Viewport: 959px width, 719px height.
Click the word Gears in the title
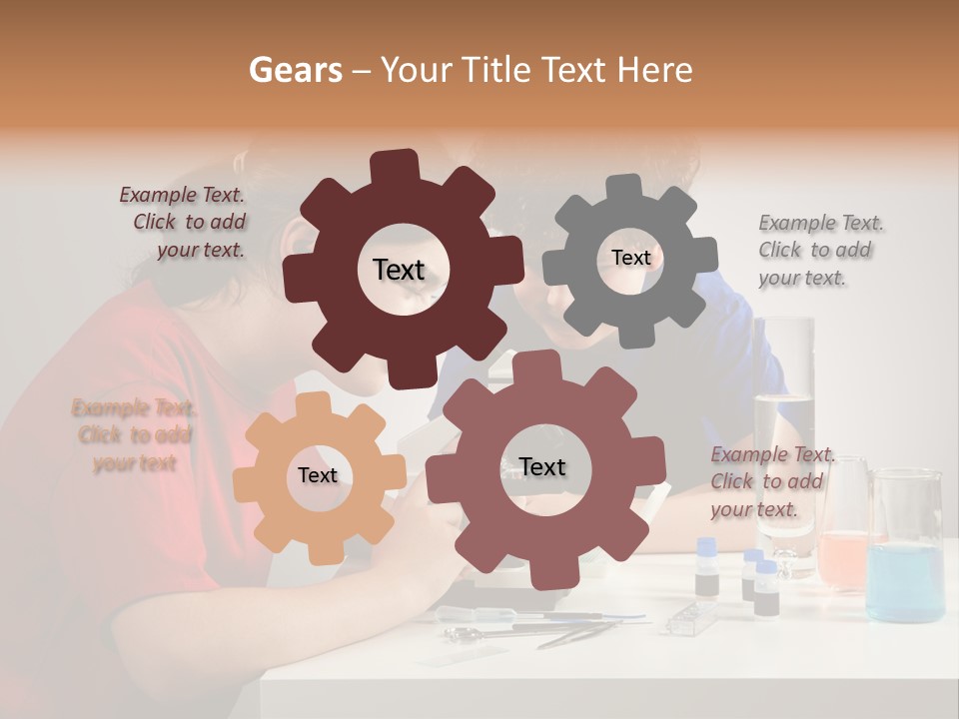point(295,71)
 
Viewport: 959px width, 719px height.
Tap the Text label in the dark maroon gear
point(399,270)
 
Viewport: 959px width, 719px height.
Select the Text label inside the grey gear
point(630,258)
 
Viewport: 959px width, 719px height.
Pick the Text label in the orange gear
point(318,476)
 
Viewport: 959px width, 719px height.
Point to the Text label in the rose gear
point(542,467)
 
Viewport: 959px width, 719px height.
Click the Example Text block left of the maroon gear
point(184,223)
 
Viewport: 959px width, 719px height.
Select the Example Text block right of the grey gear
point(819,251)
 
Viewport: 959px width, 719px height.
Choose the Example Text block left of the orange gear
point(134,435)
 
